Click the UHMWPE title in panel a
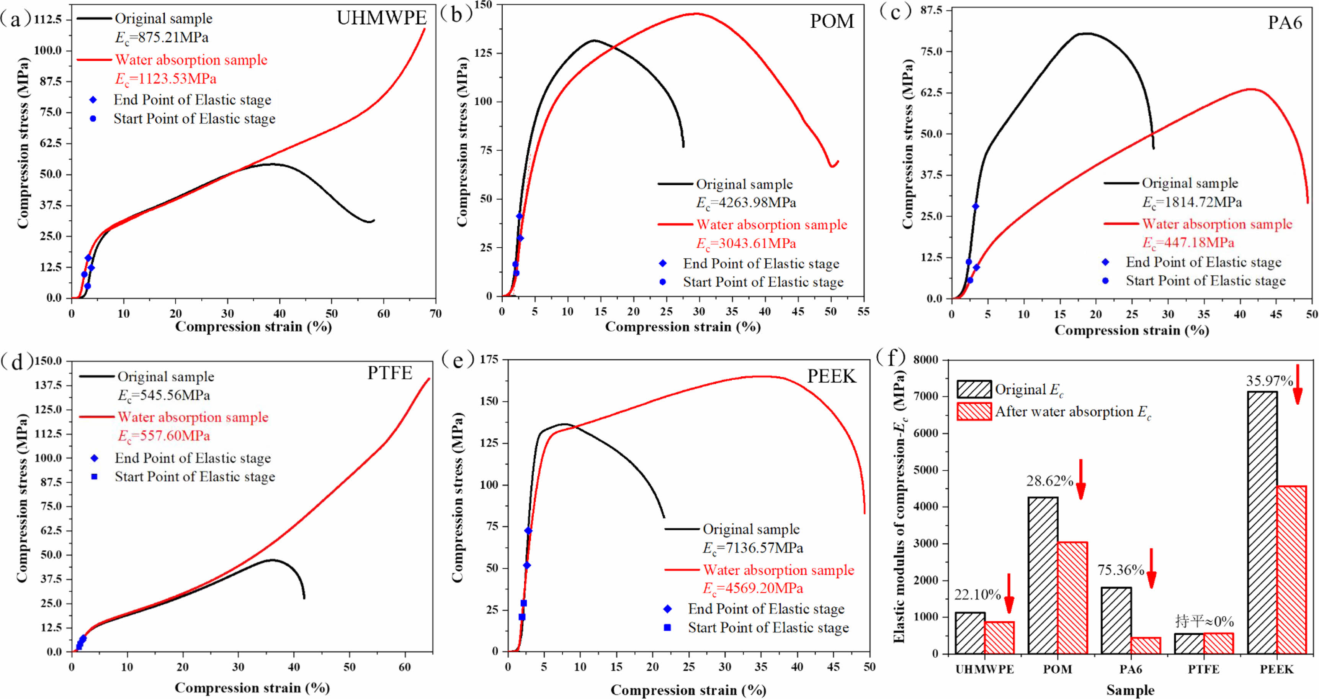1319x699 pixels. (381, 18)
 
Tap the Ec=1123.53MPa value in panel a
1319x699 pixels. (165, 79)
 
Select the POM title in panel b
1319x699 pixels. (832, 21)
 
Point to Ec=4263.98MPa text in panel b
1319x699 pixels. (746, 203)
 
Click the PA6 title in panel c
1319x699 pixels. (1285, 23)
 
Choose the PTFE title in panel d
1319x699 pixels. (390, 372)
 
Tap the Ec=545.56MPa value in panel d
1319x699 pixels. (164, 395)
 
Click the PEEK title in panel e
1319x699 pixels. (832, 376)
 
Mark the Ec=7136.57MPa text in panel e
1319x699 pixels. (753, 548)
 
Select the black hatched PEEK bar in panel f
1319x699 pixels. (1262, 523)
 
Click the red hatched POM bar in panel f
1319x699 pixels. (1072, 597)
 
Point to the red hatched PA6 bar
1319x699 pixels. (1146, 645)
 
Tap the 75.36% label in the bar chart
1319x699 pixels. (1120, 570)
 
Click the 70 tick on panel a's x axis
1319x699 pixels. (436, 313)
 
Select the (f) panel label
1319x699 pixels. (891, 358)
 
